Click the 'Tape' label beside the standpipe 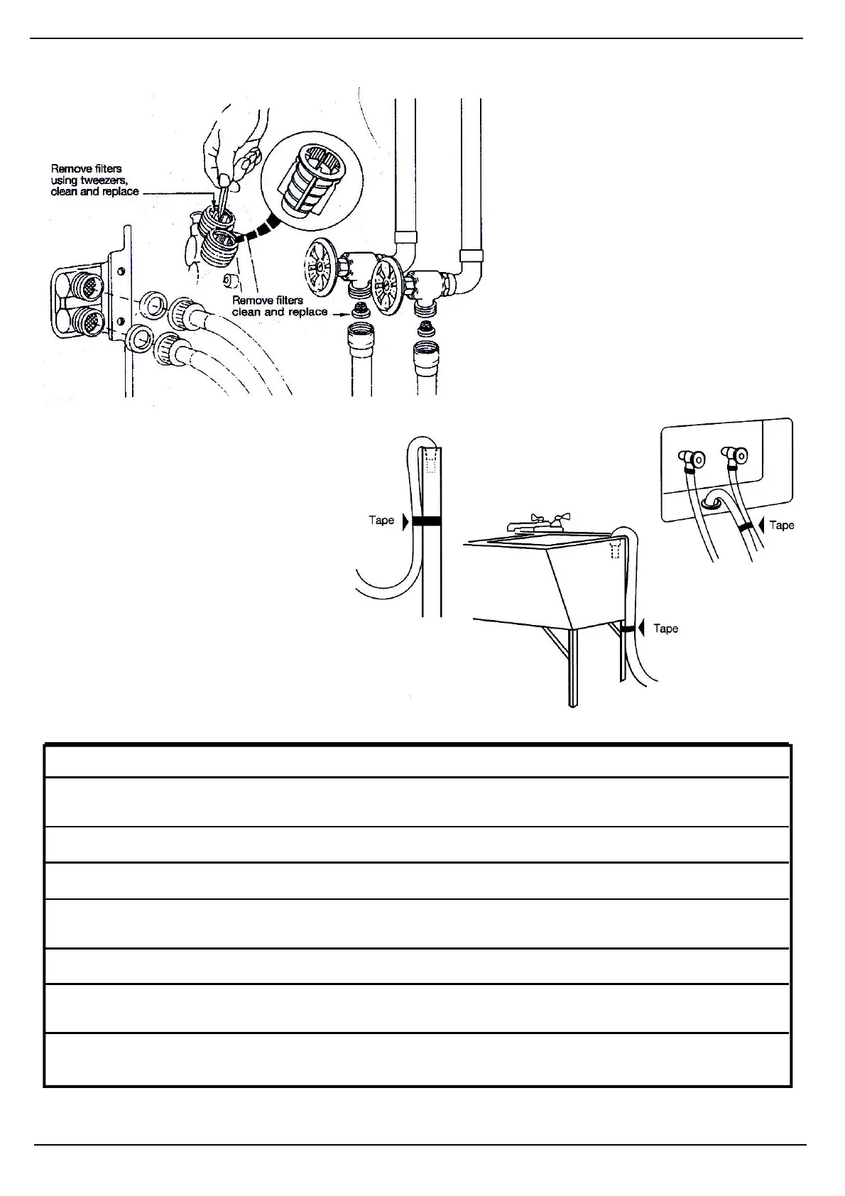pos(381,521)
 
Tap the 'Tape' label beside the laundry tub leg pos(665,629)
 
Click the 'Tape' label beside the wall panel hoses pos(781,526)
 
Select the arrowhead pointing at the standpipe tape pos(405,521)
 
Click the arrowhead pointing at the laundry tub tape pos(641,629)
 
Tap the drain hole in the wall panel pos(712,504)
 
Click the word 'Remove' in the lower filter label pos(249,300)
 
